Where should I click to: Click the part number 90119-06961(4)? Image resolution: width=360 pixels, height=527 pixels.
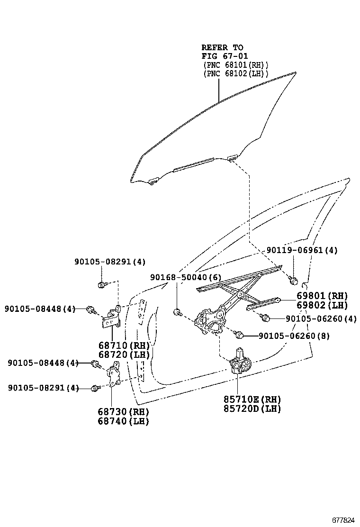click(x=302, y=250)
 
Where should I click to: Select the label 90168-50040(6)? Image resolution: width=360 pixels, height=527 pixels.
click(x=186, y=277)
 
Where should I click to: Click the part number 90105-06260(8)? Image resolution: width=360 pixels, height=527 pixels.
click(x=294, y=336)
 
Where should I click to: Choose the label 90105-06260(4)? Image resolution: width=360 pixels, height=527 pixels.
click(x=321, y=318)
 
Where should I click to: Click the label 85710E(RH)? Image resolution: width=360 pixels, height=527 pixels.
click(x=252, y=400)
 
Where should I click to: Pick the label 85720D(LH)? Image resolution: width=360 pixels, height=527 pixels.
click(x=252, y=409)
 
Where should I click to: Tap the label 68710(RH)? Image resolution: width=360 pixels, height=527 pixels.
click(x=124, y=345)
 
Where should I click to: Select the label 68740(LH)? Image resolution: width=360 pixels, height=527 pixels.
click(x=124, y=421)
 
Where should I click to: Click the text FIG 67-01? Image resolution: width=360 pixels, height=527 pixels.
click(x=225, y=56)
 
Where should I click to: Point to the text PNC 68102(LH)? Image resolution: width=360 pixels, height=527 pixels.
click(x=236, y=73)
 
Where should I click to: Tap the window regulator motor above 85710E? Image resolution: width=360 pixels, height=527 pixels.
click(x=240, y=362)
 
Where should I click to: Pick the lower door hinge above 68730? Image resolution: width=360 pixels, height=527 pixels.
click(x=114, y=373)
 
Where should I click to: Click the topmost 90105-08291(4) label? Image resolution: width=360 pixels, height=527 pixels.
click(x=110, y=262)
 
